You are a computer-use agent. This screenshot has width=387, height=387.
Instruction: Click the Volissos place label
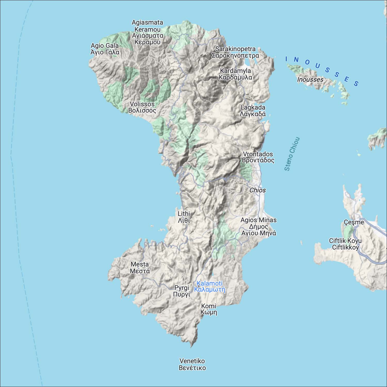click(x=142, y=107)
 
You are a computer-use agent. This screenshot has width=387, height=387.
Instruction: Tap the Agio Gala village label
click(x=105, y=49)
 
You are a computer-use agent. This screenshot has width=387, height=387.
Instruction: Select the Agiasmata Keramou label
click(x=147, y=32)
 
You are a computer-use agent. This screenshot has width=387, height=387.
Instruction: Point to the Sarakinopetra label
click(x=235, y=52)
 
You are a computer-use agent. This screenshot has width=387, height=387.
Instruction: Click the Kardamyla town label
click(x=235, y=74)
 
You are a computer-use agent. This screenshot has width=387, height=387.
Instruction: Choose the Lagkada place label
click(x=253, y=110)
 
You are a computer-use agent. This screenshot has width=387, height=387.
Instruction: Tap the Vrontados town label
click(x=258, y=157)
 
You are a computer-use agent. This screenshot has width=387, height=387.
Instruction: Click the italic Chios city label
click(x=257, y=190)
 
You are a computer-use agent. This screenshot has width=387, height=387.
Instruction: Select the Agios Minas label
click(x=258, y=227)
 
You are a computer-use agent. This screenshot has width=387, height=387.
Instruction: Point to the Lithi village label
click(x=184, y=217)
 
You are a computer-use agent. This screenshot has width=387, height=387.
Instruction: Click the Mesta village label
click(x=140, y=268)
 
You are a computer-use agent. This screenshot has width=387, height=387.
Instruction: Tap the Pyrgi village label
click(x=182, y=291)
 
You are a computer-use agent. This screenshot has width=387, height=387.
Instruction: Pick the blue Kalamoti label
click(x=209, y=286)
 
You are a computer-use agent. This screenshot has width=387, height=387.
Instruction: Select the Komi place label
click(x=209, y=309)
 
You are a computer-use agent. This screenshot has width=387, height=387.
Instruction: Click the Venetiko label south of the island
click(x=192, y=364)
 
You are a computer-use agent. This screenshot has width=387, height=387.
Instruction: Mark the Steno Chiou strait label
click(x=292, y=154)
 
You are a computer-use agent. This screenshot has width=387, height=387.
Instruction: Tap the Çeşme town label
click(x=354, y=222)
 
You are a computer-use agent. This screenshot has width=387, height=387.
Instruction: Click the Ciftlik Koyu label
click(x=345, y=244)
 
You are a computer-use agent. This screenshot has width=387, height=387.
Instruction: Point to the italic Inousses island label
click(x=310, y=79)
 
